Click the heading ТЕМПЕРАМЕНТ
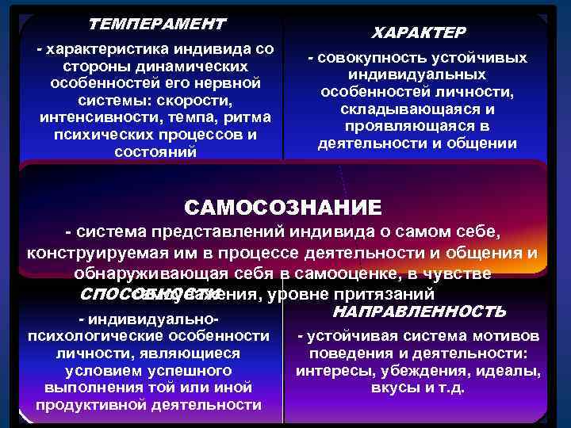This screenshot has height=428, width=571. (156, 24)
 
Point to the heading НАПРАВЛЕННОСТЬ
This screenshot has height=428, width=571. (420, 310)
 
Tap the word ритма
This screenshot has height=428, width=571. (251, 117)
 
